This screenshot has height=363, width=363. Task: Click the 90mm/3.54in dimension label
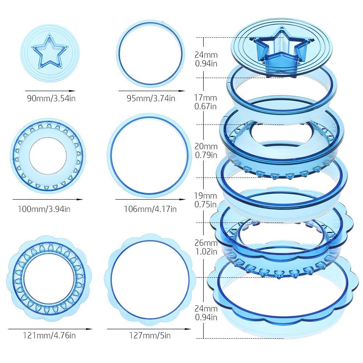click(51, 98)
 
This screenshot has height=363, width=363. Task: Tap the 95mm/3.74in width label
click(151, 98)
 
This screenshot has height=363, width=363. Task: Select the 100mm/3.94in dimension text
click(44, 209)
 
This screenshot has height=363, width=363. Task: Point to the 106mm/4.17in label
click(150, 209)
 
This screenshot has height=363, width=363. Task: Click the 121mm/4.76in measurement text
click(49, 335)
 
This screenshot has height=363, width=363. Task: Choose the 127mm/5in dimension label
click(150, 335)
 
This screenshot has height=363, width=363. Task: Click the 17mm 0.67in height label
click(205, 102)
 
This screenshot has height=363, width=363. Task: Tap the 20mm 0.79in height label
click(206, 151)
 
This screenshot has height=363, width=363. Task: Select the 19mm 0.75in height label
click(205, 200)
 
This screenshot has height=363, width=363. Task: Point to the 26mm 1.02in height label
click(206, 247)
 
